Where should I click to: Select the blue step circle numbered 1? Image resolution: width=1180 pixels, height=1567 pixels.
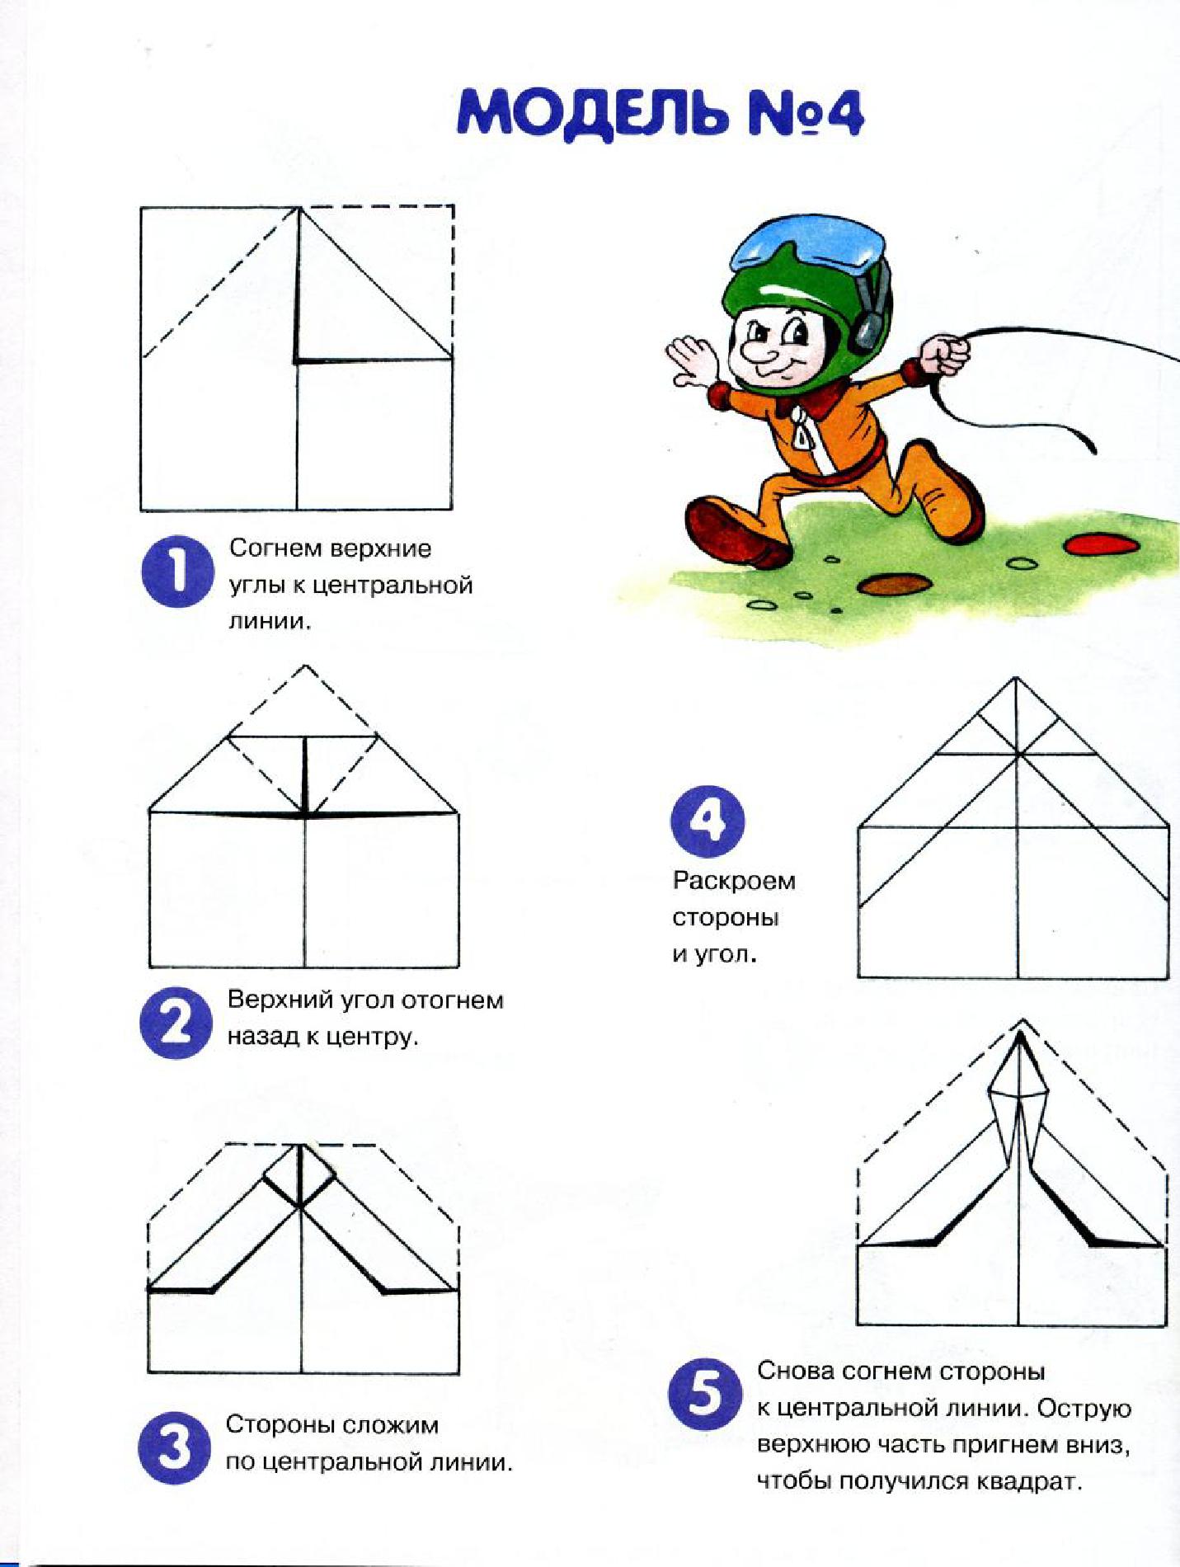pyautogui.click(x=177, y=572)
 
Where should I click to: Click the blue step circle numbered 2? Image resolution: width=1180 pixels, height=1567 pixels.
pyautogui.click(x=176, y=1023)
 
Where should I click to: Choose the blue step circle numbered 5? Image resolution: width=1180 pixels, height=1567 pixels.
pyautogui.click(x=705, y=1395)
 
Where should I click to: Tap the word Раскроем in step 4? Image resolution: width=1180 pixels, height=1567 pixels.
pyautogui.click(x=734, y=882)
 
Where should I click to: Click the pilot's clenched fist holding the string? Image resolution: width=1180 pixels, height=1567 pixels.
pyautogui.click(x=945, y=355)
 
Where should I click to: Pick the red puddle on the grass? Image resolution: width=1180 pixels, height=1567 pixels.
pyautogui.click(x=1101, y=544)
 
